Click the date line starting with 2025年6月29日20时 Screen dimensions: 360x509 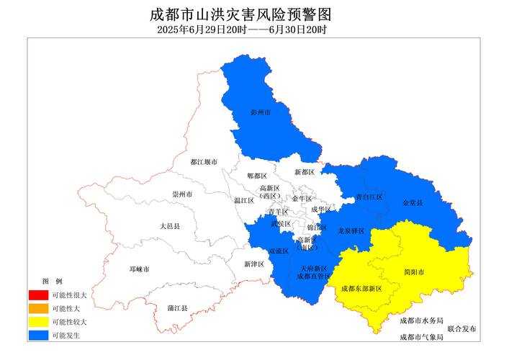[242, 30]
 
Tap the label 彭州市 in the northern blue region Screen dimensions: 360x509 [260, 112]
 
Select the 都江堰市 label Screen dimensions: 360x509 [204, 163]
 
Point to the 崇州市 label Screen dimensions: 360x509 [182, 194]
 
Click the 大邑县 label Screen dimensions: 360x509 [170, 226]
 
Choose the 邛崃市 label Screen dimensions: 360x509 [139, 269]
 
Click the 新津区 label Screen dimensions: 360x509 [254, 264]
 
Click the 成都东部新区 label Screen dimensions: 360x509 [361, 288]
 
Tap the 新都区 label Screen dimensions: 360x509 [305, 173]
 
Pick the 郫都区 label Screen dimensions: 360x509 [257, 176]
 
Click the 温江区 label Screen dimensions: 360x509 [243, 201]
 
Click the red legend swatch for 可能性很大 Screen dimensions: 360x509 [38, 295]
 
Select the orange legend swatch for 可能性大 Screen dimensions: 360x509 [38, 308]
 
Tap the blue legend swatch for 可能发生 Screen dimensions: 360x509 [38, 335]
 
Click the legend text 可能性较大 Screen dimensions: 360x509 [69, 322]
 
